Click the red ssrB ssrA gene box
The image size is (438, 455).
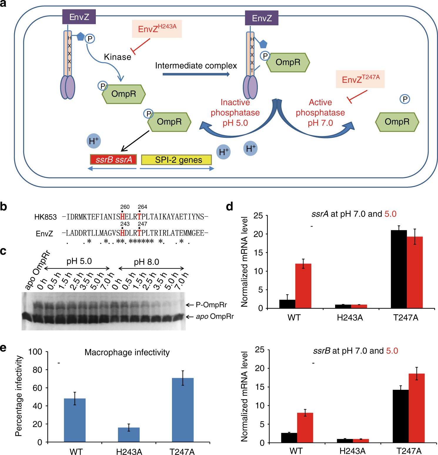(x=113, y=159)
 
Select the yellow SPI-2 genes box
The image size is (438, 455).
(x=176, y=160)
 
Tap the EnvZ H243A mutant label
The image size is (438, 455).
(x=157, y=29)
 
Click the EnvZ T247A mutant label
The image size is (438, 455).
(x=360, y=79)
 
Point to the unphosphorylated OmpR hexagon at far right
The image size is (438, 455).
(x=397, y=122)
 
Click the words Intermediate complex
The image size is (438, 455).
(x=196, y=66)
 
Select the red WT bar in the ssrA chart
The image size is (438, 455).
(x=303, y=286)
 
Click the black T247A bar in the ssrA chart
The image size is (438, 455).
(x=399, y=269)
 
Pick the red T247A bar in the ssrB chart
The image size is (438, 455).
(x=417, y=408)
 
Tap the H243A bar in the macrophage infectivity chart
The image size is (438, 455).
(x=129, y=434)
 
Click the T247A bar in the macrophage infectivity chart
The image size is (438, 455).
(x=183, y=410)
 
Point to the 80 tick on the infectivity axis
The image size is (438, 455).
(x=37, y=370)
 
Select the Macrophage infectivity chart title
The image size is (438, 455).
(x=127, y=352)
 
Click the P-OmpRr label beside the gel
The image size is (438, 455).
(x=211, y=305)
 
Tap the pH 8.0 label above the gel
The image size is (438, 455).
(x=146, y=262)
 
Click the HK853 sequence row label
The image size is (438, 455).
(x=46, y=217)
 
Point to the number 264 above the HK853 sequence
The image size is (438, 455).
(x=142, y=207)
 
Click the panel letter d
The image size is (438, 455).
(x=230, y=206)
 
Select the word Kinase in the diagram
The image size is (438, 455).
(x=118, y=57)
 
